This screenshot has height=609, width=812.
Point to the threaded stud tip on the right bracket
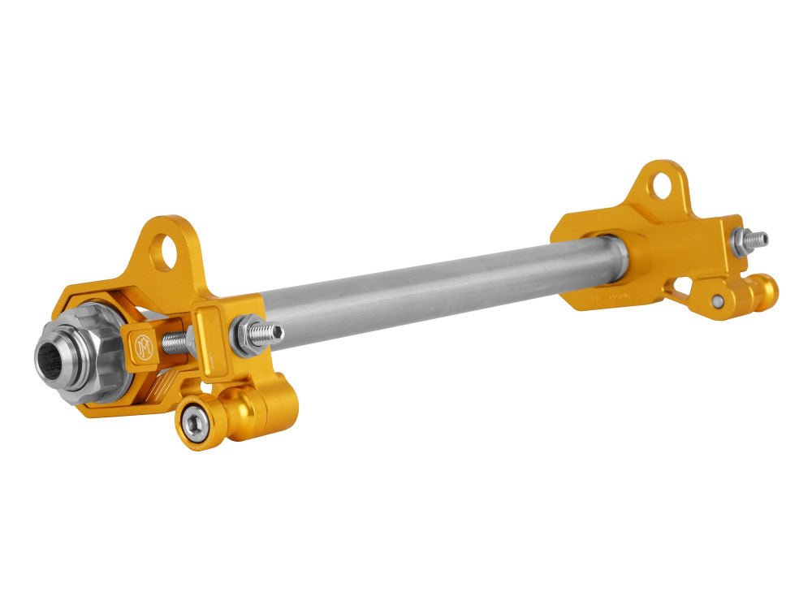coord(758,240)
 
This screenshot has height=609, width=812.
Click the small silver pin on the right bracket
coord(717,300)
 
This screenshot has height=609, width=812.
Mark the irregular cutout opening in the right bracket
coord(682,287)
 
